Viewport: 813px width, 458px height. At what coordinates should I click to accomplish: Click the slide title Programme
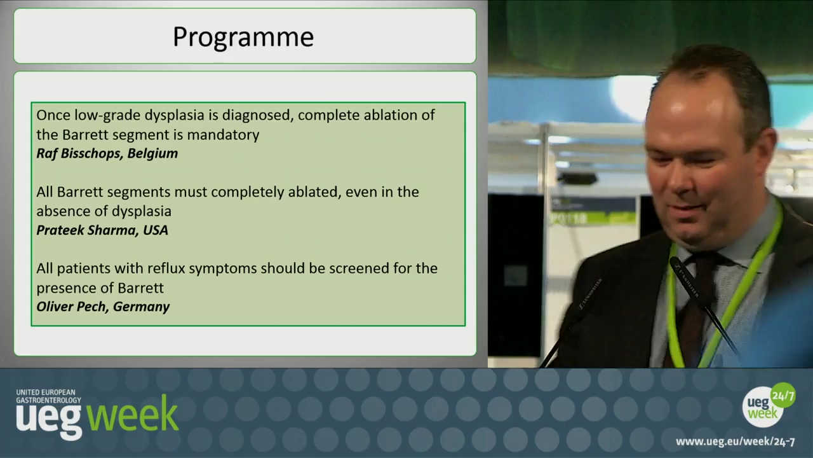pos(243,38)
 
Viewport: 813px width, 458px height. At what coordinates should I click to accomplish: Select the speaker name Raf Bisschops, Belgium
pos(107,153)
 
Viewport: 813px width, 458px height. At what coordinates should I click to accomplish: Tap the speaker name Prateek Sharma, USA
pos(102,230)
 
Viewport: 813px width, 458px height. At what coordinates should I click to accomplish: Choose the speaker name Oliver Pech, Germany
pos(103,307)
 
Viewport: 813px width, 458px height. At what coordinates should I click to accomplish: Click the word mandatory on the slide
pos(223,135)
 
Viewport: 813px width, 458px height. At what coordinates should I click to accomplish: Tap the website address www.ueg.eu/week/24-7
pos(736,441)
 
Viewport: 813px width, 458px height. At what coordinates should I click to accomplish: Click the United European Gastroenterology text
pos(49,396)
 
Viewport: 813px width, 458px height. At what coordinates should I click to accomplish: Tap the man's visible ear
pos(766,153)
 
